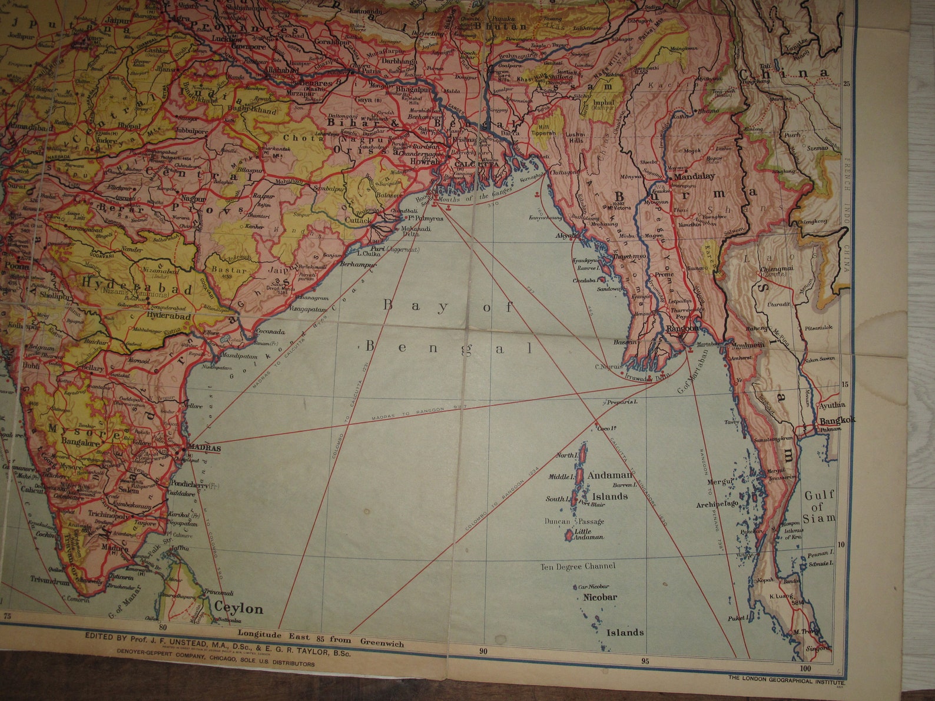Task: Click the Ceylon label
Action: pos(238,608)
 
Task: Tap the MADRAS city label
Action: pos(204,448)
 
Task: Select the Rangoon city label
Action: pos(682,328)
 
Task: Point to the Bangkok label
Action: pos(837,420)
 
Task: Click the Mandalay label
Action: pos(694,176)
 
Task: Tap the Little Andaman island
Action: pos(569,534)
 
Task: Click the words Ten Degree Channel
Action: pos(578,566)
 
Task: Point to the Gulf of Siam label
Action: pos(819,507)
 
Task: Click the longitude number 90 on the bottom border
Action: pos(483,652)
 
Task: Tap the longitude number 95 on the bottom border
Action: pos(645,661)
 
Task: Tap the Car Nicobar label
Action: pos(594,586)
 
